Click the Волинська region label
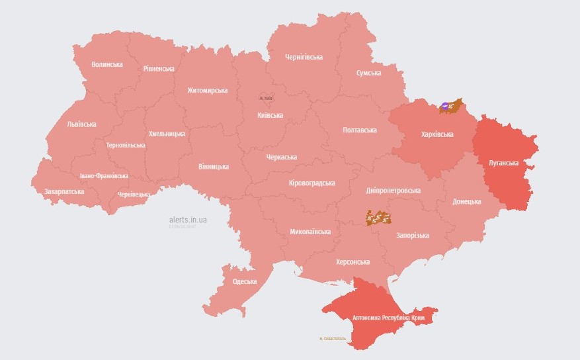point(107,64)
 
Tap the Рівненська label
point(159,69)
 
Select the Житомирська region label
point(207,91)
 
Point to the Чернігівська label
point(304,57)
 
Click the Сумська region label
point(368,73)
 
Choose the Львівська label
point(81,124)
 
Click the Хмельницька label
point(167,134)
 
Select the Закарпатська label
point(64,191)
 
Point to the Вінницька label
point(214,167)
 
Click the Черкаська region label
point(281,157)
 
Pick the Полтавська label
point(360,130)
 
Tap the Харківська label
point(437,134)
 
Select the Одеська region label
point(245,282)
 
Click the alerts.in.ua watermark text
point(188,218)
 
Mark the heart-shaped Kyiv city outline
point(267,97)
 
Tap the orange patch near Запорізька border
point(378,217)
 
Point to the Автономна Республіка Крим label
point(388,318)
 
